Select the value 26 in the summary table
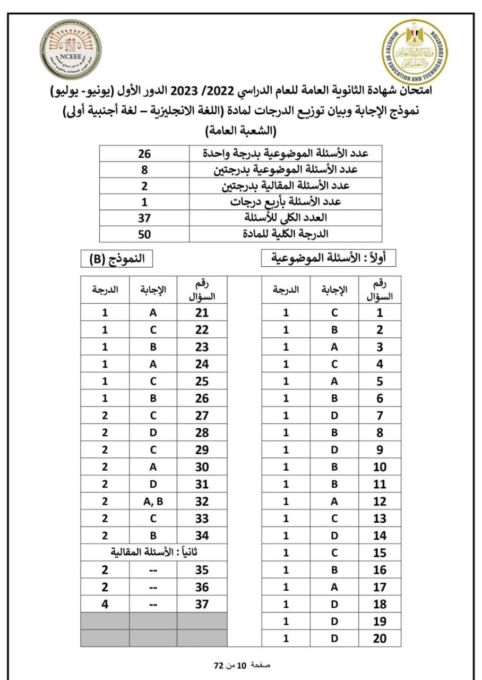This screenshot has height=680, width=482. [144, 154]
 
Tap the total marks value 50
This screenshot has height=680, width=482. [144, 234]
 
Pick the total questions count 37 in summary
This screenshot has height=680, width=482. [144, 218]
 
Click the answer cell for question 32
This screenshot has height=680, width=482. [153, 501]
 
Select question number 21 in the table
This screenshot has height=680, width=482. [202, 313]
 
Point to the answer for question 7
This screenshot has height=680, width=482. [334, 416]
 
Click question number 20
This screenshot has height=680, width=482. [380, 639]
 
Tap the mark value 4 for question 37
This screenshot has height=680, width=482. [105, 604]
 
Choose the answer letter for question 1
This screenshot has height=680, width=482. [334, 313]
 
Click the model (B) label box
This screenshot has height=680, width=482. [117, 259]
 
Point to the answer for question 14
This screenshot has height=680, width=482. [334, 535]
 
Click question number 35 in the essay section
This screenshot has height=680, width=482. [202, 571]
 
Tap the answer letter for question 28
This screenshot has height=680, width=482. [153, 433]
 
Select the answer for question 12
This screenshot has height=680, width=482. [334, 501]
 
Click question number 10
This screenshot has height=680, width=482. [380, 467]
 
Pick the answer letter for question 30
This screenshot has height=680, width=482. [153, 467]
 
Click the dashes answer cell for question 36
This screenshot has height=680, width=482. [153, 587]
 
